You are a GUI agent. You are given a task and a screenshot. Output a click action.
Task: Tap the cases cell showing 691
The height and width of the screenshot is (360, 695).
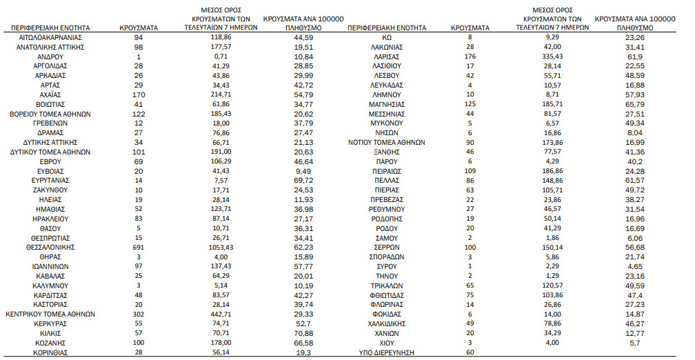point(139,247)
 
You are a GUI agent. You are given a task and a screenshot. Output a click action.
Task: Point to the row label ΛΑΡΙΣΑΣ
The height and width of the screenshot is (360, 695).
point(387,56)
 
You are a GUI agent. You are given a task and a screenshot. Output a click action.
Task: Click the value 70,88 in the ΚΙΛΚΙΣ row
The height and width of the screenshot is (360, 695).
point(304,333)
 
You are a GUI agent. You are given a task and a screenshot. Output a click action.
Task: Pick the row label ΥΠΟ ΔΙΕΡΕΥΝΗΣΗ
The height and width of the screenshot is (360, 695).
point(387,352)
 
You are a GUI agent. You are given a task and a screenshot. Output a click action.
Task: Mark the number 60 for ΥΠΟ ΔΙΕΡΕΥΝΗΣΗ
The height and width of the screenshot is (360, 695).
point(471,352)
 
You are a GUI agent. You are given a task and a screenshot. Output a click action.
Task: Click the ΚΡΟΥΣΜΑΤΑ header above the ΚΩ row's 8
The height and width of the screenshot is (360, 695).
point(471,28)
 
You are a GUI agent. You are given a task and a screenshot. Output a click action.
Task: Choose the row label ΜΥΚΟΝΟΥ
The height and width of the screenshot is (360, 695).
point(387,123)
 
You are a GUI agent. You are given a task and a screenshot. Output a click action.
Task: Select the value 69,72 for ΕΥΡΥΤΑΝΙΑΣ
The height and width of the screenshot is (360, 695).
point(304,180)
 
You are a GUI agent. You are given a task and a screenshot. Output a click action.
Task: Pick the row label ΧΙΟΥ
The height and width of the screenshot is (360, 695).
point(387,343)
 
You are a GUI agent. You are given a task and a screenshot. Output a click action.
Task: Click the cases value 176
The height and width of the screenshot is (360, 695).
point(471,56)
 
